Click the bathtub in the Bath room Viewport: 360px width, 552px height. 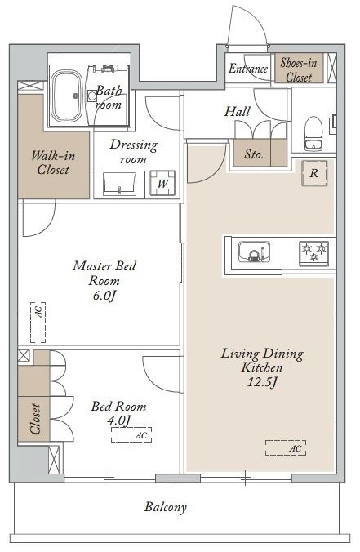tap(67, 95)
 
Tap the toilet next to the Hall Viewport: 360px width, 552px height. tap(313, 134)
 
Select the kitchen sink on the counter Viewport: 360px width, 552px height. tap(254, 251)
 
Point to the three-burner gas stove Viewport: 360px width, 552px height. tap(313, 252)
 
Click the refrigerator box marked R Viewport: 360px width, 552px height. tap(314, 173)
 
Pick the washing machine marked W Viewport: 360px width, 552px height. tap(162, 183)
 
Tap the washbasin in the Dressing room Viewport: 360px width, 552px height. tap(119, 184)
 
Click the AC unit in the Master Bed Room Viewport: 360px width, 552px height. tap(38, 322)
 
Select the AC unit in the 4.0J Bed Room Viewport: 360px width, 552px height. tap(131, 434)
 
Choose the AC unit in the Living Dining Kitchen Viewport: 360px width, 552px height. tap(286, 447)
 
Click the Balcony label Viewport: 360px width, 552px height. tap(166, 507)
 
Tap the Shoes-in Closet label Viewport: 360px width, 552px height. tap(299, 69)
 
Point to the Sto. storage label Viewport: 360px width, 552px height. tap(254, 154)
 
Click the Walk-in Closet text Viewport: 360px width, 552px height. tap(53, 162)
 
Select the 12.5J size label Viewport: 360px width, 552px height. tap(262, 382)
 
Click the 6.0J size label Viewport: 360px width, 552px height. tap(104, 296)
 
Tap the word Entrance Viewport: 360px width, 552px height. tap(247, 69)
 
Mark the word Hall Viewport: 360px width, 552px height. tap(238, 112)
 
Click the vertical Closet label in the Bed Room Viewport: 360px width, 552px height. tap(35, 419)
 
